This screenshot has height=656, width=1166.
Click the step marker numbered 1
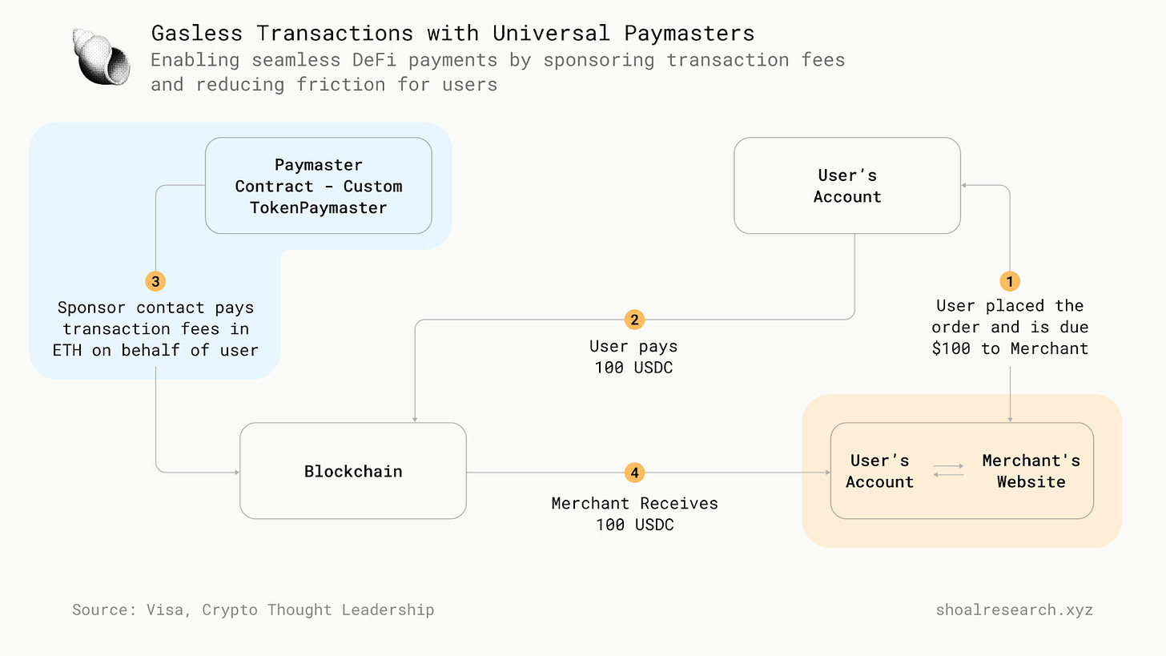(1010, 281)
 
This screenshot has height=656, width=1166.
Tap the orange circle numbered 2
(634, 320)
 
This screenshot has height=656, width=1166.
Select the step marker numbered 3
(155, 281)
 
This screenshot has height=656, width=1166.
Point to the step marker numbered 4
(634, 473)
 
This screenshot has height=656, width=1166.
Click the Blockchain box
(353, 471)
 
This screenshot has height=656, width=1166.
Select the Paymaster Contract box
(318, 186)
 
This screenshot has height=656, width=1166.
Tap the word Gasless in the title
(198, 34)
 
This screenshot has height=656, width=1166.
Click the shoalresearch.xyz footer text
(1014, 610)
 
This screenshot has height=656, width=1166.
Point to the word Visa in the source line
(164, 610)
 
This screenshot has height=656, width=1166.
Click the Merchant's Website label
(1031, 471)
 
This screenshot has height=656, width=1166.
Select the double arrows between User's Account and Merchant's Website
(948, 470)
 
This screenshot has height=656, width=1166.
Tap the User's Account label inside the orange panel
(879, 471)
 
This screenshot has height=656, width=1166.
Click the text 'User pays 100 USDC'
(633, 357)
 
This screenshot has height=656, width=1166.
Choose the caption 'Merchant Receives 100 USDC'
(634, 514)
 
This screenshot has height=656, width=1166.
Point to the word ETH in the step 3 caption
(67, 350)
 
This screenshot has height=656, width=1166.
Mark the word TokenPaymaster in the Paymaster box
(318, 207)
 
